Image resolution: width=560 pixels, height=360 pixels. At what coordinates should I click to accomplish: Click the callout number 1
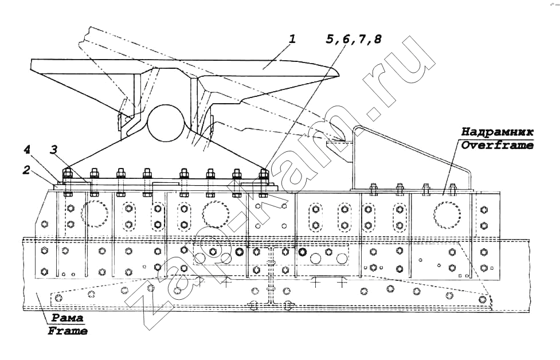click(292, 38)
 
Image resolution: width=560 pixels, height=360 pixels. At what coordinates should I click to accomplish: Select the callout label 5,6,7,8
click(353, 39)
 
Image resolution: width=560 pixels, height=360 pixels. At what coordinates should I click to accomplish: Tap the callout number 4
click(27, 150)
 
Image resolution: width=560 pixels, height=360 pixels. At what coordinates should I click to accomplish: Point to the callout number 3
click(53, 150)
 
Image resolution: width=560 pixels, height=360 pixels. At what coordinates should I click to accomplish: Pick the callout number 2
click(26, 170)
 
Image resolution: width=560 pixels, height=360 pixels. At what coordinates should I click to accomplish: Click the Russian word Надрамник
click(497, 132)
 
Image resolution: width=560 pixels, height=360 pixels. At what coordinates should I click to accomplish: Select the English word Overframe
click(497, 145)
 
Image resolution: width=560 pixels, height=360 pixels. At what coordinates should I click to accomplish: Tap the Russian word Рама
click(67, 318)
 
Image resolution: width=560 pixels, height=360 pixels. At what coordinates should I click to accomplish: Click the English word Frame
click(68, 331)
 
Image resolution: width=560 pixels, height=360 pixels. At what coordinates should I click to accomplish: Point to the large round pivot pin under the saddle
click(166, 123)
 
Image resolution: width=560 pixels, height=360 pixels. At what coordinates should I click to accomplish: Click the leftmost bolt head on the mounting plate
click(67, 174)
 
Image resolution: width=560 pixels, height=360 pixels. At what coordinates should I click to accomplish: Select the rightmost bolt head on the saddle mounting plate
click(263, 174)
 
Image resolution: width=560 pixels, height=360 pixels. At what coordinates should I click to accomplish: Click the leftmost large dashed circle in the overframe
click(95, 214)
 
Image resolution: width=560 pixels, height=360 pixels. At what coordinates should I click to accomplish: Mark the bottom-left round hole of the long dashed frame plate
click(58, 298)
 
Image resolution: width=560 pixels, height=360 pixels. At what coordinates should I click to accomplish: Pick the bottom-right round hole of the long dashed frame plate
click(483, 299)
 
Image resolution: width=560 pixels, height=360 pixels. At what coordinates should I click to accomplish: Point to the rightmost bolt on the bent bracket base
click(452, 189)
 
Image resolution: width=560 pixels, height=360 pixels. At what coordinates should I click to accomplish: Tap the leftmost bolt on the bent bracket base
click(373, 189)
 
